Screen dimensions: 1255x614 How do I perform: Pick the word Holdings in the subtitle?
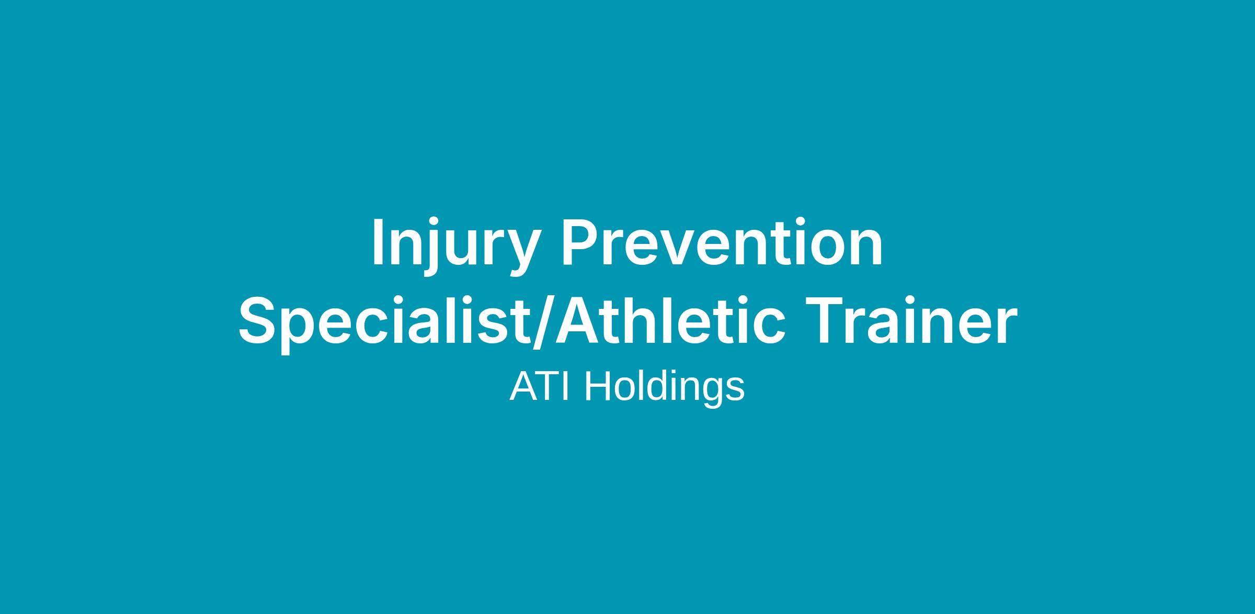664,390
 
